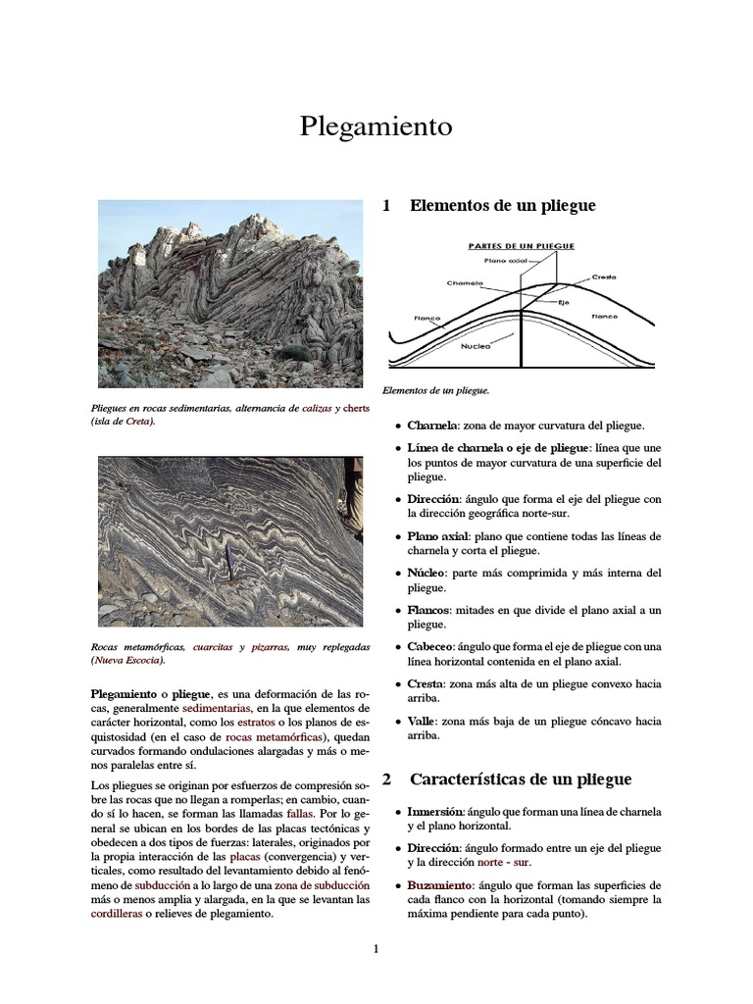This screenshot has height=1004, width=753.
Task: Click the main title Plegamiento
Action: [376, 127]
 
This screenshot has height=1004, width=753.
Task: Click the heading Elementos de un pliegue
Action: [502, 206]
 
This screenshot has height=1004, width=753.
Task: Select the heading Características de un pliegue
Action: [520, 779]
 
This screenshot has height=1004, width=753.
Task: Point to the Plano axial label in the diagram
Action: [506, 261]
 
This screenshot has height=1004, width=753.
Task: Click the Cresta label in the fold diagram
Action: [604, 277]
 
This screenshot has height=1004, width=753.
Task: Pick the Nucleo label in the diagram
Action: [476, 346]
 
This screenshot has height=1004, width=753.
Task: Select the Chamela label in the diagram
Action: [466, 283]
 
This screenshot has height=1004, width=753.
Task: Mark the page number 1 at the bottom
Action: [376, 948]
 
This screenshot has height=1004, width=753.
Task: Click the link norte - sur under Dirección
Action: [507, 862]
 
